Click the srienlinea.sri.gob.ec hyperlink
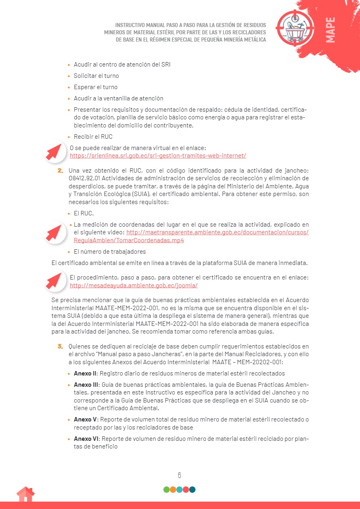tap(158, 156)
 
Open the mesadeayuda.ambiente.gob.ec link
tap(134, 286)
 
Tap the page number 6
tap(180, 475)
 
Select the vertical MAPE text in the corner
tap(330, 30)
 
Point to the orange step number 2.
tap(60, 171)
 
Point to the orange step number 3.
tap(60, 346)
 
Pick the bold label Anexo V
tap(85, 419)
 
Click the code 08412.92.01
tap(87, 178)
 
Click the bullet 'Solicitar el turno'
tap(96, 76)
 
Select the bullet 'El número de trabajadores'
tap(110, 252)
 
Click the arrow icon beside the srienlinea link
tap(55, 151)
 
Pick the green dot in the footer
tap(167, 490)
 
